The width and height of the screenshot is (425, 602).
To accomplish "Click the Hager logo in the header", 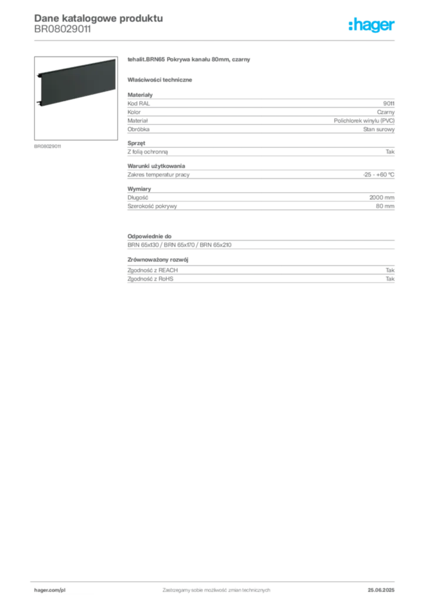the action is tap(372, 25).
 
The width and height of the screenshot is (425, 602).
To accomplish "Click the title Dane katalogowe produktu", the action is tap(99, 18).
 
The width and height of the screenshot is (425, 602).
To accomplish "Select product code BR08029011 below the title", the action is tap(62, 29).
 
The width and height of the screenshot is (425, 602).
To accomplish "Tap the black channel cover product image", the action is tap(76, 83).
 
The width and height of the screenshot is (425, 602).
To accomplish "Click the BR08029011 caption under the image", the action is tap(48, 146).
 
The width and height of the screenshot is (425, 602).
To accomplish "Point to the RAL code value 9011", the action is tap(389, 103).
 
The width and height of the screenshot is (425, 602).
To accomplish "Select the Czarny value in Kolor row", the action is tap(386, 112).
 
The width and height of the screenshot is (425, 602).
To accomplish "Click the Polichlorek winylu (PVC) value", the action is tap(364, 121).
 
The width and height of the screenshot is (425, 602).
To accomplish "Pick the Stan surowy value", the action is tap(379, 129).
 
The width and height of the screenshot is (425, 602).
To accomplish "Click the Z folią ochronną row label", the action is tap(147, 152).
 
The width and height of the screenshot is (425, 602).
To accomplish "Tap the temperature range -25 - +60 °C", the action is tap(378, 175).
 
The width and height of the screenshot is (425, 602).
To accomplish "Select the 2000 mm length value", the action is tap(382, 198).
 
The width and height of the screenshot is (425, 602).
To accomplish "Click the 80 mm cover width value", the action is tap(384, 206).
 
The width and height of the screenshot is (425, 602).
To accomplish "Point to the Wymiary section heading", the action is tap(139, 189).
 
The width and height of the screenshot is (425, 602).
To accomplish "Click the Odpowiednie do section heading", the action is tap(150, 236).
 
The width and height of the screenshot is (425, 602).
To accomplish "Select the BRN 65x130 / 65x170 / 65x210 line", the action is tap(180, 245).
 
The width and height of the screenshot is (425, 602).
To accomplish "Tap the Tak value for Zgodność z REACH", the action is tap(390, 270).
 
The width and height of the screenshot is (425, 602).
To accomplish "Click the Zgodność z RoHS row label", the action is tap(150, 279).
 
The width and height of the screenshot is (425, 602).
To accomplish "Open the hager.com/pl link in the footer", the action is tap(50, 590).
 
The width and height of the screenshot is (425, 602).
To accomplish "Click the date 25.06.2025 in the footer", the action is tap(381, 590).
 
